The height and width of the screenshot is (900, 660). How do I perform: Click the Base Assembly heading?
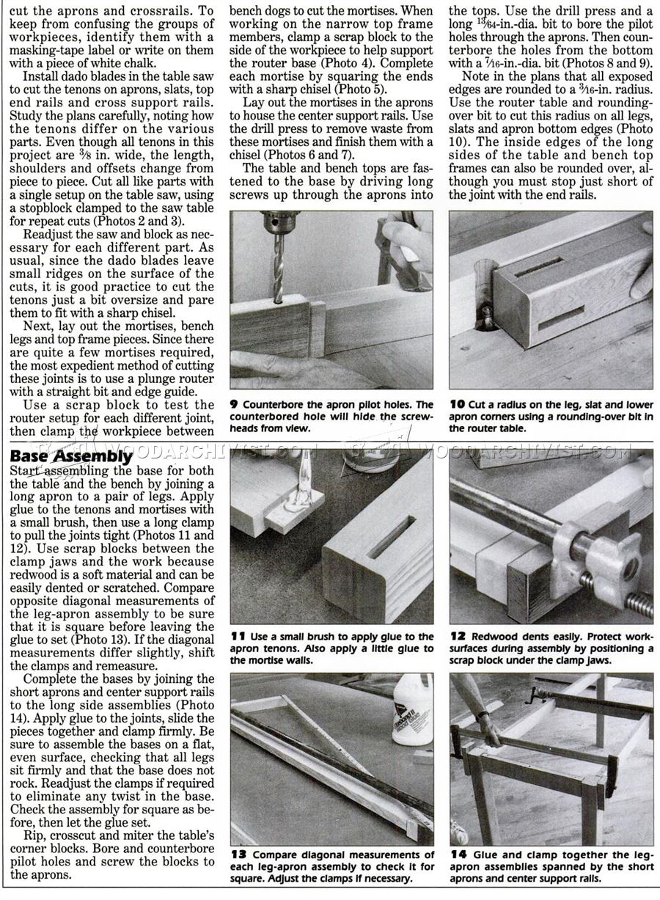click(x=71, y=456)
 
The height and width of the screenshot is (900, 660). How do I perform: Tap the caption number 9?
click(x=234, y=405)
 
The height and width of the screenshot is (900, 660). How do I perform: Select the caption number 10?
click(x=457, y=405)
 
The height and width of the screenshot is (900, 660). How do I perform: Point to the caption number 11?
click(x=237, y=637)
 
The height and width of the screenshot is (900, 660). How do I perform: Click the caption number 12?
click(x=458, y=637)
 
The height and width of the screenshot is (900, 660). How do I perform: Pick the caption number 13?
click(x=238, y=855)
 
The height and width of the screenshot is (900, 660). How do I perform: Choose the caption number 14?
click(x=458, y=855)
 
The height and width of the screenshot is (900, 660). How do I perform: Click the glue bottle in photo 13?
click(x=412, y=710)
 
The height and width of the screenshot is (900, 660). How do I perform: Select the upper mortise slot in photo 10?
click(x=538, y=267)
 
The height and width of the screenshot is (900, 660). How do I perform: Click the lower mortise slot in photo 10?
click(x=562, y=318)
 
